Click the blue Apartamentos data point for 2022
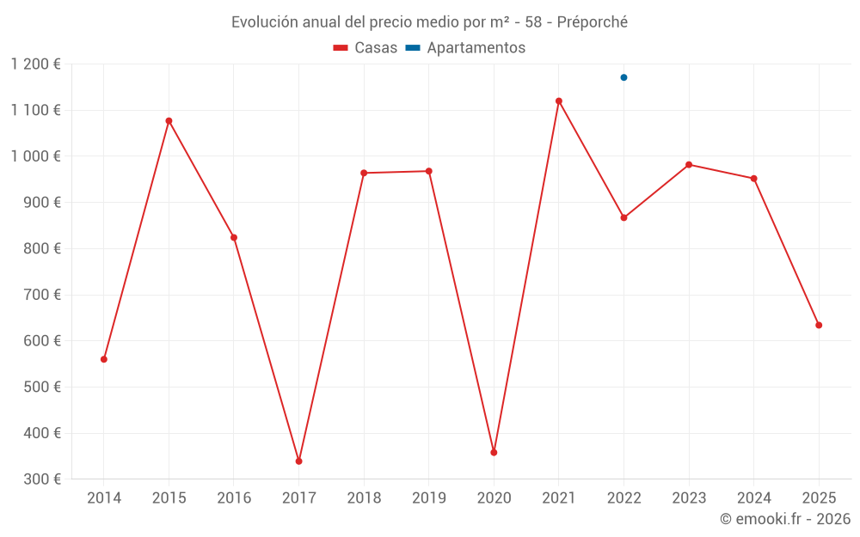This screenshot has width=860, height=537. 623,77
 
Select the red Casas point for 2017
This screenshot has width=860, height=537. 298,461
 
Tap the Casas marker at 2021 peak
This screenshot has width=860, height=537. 558,101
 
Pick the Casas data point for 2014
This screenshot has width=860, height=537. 104,359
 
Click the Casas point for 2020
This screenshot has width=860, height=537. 494,452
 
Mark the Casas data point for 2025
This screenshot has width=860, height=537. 819,325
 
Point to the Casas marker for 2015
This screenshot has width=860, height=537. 169,121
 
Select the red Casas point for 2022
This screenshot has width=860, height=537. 623,217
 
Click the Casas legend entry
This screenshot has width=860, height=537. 365,48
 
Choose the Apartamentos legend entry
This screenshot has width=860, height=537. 465,48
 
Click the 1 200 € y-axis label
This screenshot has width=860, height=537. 36,64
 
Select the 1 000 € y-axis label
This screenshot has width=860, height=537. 36,156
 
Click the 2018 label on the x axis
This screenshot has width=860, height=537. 364,498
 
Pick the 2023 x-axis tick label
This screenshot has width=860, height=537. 689,498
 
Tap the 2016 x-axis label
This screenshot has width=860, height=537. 234,498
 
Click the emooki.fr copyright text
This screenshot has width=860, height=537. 785,519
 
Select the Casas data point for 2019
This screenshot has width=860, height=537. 428,171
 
